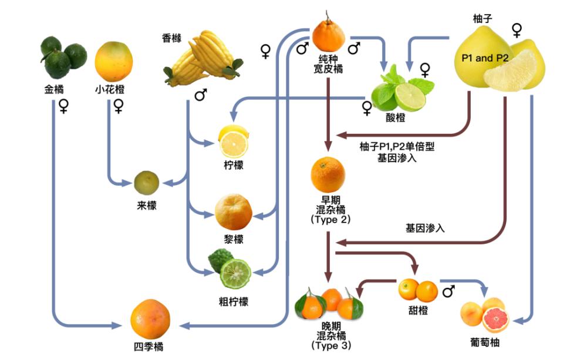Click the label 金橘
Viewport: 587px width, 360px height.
point(54,90)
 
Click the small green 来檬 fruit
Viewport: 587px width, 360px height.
point(146,183)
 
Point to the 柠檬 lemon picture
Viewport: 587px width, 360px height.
point(233,141)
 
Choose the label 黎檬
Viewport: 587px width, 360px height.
point(233,239)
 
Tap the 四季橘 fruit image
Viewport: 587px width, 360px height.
point(150,319)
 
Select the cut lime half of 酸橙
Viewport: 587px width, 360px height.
point(410,96)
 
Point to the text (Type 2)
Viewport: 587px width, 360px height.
point(329,220)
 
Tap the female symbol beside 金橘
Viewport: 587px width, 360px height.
point(63,106)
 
